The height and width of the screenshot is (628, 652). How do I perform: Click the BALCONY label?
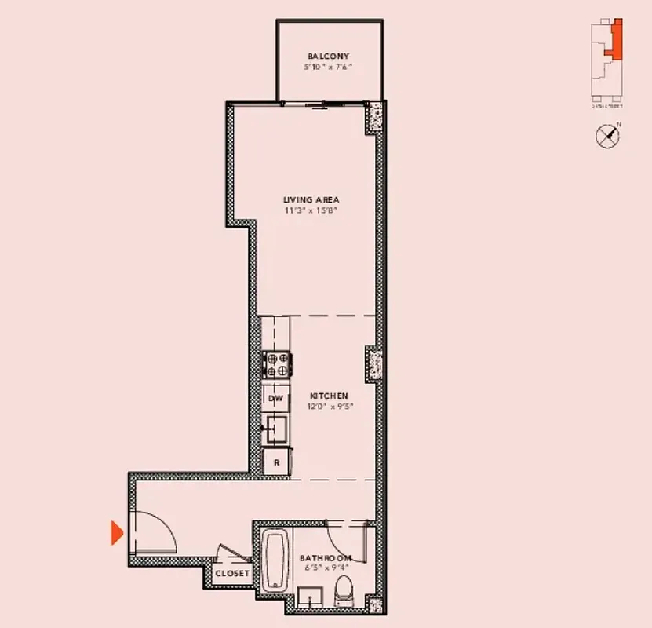328,57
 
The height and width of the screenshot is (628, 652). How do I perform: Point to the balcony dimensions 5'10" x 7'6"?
328,68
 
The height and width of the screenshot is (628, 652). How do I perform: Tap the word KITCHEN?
329,396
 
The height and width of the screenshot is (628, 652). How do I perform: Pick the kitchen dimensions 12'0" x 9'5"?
329,407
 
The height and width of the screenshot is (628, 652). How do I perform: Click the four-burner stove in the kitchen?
277,365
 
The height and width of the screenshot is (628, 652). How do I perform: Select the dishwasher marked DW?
275,399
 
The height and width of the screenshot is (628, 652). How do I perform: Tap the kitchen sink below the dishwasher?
276,429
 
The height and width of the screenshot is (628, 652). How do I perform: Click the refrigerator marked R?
276,462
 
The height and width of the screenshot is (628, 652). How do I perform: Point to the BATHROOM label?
326,558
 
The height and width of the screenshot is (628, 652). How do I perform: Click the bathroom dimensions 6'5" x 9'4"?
326,569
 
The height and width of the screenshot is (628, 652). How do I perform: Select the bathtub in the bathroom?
274,560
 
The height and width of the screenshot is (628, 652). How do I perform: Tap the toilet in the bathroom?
344,590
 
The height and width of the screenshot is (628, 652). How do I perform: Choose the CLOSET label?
232,573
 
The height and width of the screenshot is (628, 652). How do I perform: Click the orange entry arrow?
117,534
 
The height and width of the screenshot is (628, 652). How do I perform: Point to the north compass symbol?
607,136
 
